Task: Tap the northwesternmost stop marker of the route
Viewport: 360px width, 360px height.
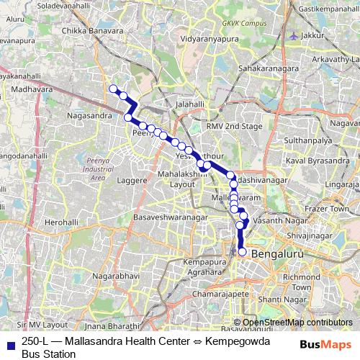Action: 113,89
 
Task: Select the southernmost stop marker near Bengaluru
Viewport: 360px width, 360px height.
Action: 243,252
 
